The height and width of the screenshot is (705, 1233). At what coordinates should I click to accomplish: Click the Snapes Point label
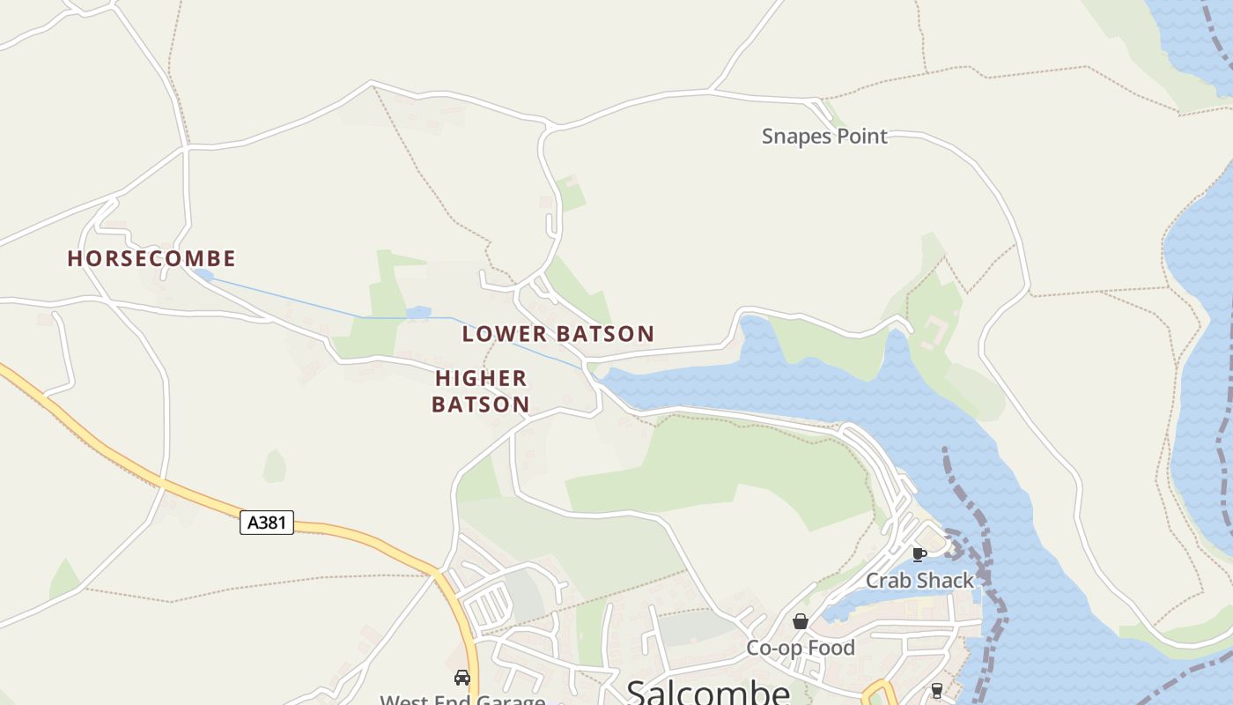[x=824, y=137]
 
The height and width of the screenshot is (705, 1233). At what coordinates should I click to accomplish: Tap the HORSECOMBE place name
[x=151, y=258]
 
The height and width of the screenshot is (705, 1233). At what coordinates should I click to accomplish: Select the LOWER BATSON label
[x=558, y=334]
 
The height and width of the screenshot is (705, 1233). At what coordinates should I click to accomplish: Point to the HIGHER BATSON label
[x=481, y=391]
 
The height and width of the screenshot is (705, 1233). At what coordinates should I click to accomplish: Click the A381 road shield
[x=267, y=522]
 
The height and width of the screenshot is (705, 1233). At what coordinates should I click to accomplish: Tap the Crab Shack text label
[x=919, y=581]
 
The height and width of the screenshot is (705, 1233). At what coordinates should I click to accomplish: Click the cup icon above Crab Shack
[x=919, y=554]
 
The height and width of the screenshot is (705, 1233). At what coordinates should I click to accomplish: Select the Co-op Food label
[x=801, y=648]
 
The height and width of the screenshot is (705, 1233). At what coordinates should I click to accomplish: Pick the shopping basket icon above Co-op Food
[x=801, y=621]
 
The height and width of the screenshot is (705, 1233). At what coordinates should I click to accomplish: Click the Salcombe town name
[x=708, y=692]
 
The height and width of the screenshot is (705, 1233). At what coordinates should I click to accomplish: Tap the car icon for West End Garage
[x=462, y=678]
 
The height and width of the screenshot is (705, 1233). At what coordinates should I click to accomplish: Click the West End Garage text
[x=462, y=700]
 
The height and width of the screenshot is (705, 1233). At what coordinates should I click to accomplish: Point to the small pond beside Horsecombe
[x=203, y=276]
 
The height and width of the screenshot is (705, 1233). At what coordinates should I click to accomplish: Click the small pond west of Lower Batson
[x=418, y=312]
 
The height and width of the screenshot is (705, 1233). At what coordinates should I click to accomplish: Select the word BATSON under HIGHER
[x=481, y=404]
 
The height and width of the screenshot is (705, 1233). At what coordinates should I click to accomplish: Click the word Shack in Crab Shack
[x=946, y=581]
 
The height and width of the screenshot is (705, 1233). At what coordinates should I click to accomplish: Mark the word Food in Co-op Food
[x=832, y=648]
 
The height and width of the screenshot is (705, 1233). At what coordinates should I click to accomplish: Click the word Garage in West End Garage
[x=511, y=700]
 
